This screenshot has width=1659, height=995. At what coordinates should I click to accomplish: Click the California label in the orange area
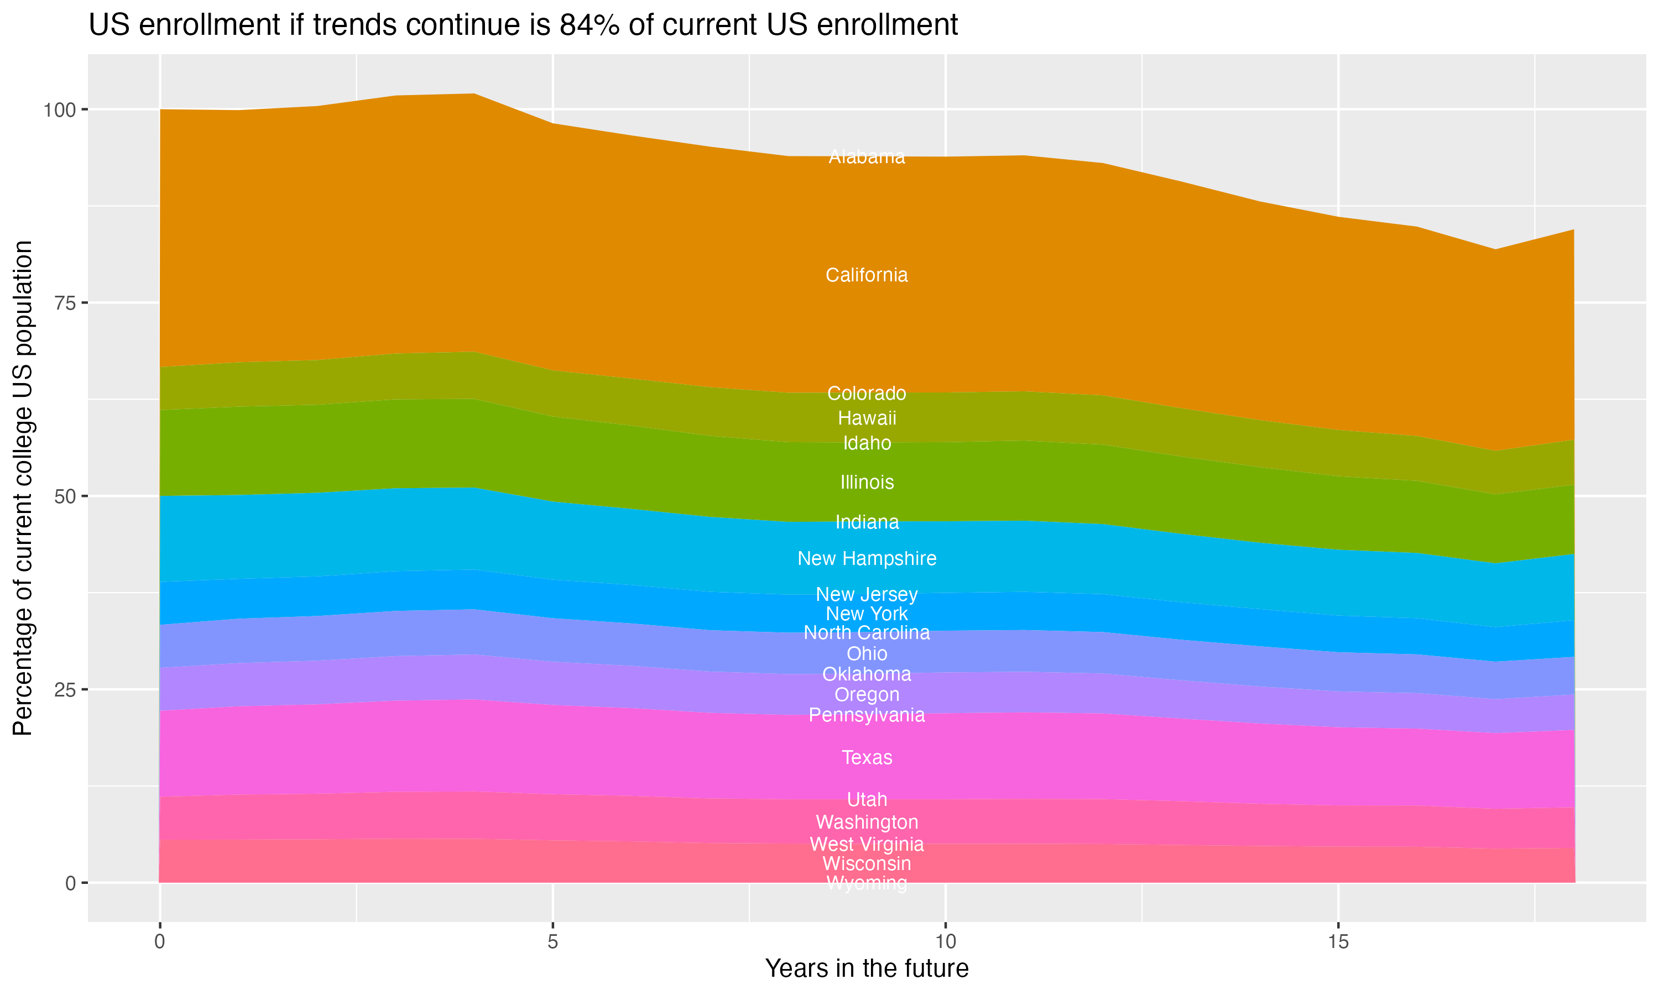click(867, 275)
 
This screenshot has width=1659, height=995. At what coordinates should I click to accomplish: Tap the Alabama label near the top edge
click(867, 157)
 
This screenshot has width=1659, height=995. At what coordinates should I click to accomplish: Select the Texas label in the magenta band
click(867, 758)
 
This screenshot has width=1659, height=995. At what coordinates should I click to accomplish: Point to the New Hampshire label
click(867, 558)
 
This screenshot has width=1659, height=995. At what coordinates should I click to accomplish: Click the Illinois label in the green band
click(867, 482)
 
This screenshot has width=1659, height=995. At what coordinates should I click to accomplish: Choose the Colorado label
click(867, 393)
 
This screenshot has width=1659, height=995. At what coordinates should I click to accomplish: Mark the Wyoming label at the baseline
click(867, 883)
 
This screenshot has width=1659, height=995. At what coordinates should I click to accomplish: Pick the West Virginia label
click(867, 844)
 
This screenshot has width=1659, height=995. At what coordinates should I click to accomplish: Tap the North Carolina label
click(867, 633)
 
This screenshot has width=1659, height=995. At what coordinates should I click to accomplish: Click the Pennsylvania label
click(867, 715)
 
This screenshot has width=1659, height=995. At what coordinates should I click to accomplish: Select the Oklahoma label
click(867, 674)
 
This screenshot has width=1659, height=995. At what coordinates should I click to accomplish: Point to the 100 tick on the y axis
click(60, 109)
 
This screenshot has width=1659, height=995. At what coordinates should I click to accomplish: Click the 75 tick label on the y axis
click(66, 303)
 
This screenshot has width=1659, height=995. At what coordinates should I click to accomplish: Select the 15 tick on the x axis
click(1338, 942)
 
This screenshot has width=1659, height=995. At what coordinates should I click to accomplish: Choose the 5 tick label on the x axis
click(552, 942)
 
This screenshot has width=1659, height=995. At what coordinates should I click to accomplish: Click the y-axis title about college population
click(23, 488)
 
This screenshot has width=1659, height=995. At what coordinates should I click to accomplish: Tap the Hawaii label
click(867, 418)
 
